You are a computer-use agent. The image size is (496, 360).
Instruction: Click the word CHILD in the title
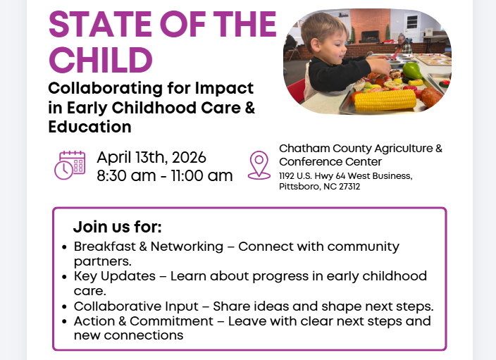pyautogui.click(x=101, y=60)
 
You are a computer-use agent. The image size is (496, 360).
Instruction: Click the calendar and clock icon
pyautogui.click(x=70, y=166)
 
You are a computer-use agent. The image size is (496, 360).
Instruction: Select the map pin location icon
pyautogui.click(x=259, y=165)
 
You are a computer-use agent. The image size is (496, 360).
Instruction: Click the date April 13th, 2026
pyautogui.click(x=151, y=157)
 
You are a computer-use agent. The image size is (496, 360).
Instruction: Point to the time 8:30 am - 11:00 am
pyautogui.click(x=164, y=176)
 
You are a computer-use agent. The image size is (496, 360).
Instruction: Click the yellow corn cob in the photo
pyautogui.click(x=384, y=100)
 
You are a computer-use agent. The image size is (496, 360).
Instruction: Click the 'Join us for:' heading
pyautogui.click(x=117, y=228)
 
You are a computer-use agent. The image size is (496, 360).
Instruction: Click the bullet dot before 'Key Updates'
pyautogui.click(x=65, y=277)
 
